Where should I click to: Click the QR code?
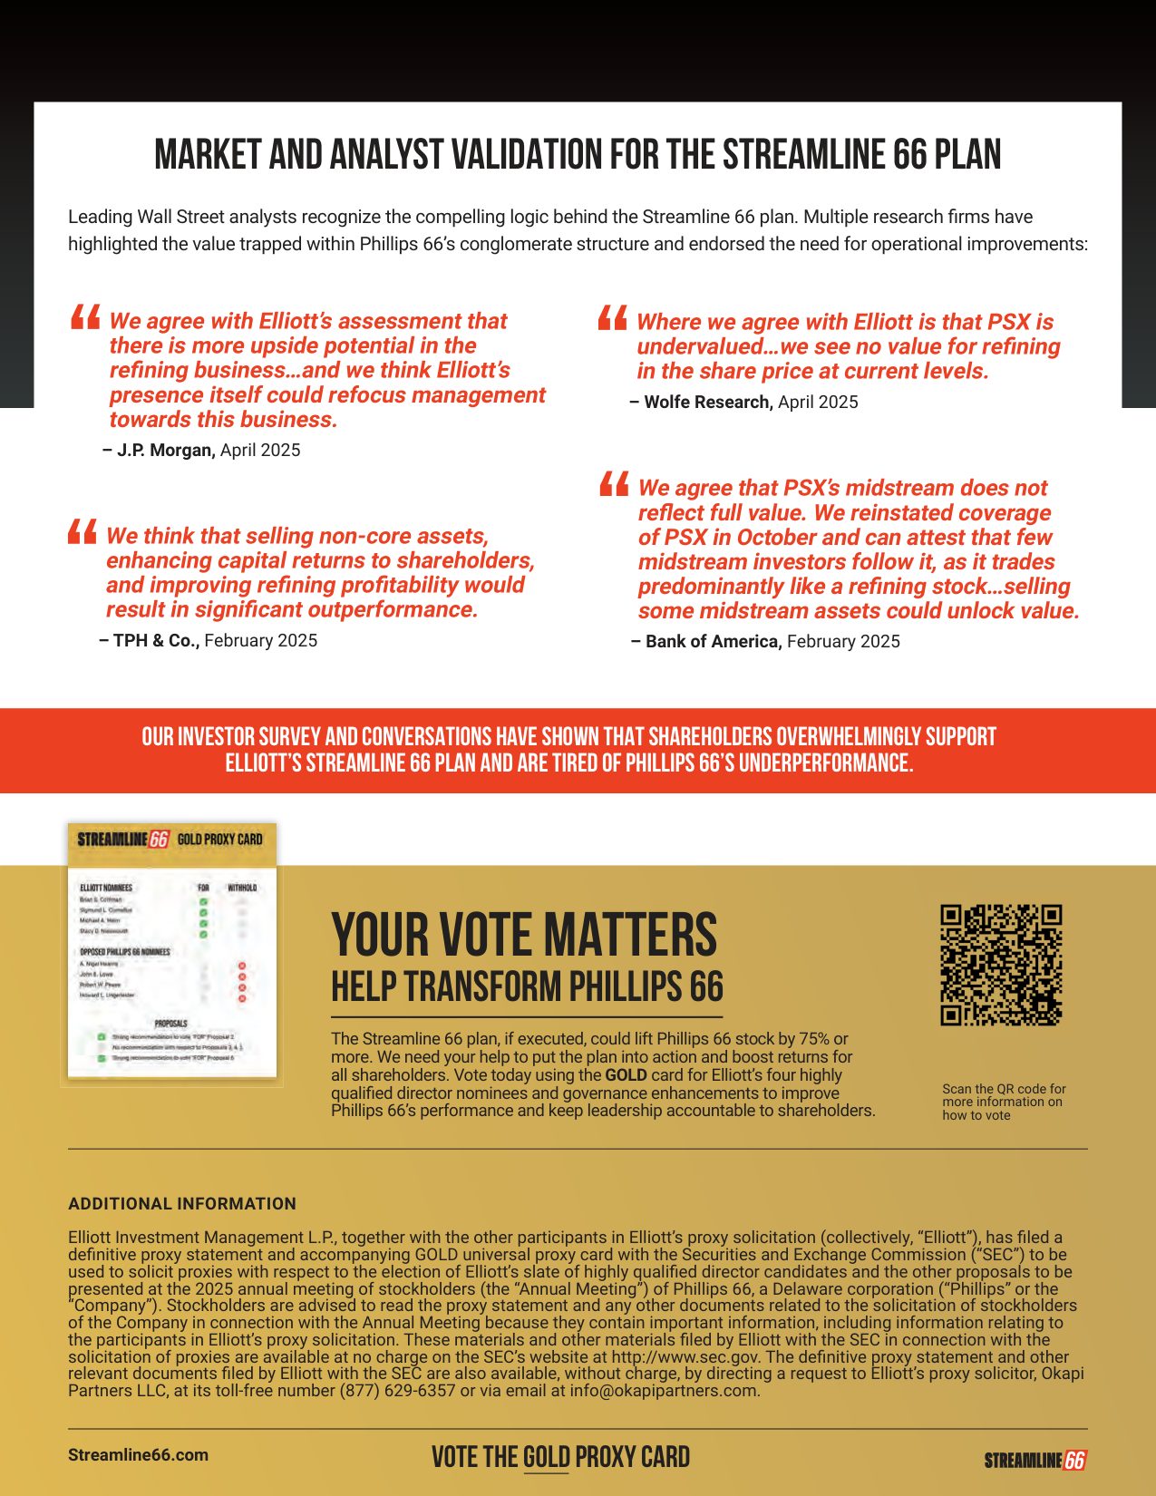pyautogui.click(x=1001, y=965)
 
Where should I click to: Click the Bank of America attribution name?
pyautogui.click(x=712, y=642)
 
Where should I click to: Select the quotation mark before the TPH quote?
pyautogui.click(x=83, y=531)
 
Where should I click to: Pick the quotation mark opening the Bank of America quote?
pyautogui.click(x=615, y=484)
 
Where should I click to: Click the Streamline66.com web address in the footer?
pyautogui.click(x=138, y=1455)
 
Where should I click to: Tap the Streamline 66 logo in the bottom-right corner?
pyautogui.click(x=1035, y=1460)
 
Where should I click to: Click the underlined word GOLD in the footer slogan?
pyautogui.click(x=547, y=1457)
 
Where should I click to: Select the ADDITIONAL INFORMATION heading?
pyautogui.click(x=182, y=1204)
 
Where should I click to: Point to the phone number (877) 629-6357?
pyautogui.click(x=397, y=1391)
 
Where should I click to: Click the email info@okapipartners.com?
pyautogui.click(x=664, y=1391)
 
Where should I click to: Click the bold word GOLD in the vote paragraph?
pyautogui.click(x=627, y=1075)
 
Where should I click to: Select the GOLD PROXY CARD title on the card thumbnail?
pyautogui.click(x=219, y=840)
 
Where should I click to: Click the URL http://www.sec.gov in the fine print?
pyautogui.click(x=686, y=1357)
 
